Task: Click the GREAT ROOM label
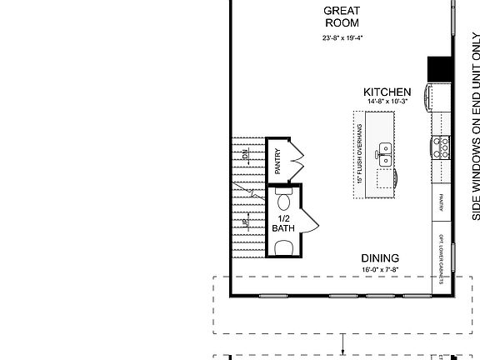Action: click(342, 17)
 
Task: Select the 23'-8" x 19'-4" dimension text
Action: click(342, 38)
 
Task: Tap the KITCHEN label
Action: click(387, 92)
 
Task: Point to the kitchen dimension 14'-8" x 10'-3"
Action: click(387, 102)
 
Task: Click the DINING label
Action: click(380, 258)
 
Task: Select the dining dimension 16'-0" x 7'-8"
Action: click(380, 270)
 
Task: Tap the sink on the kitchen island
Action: click(385, 152)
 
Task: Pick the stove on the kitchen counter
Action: click(442, 147)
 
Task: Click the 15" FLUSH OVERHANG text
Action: click(359, 154)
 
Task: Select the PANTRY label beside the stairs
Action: click(277, 160)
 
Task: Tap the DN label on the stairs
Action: click(246, 154)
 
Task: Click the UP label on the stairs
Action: click(246, 222)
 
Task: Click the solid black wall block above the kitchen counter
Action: click(439, 68)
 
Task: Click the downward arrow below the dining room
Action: click(342, 342)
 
